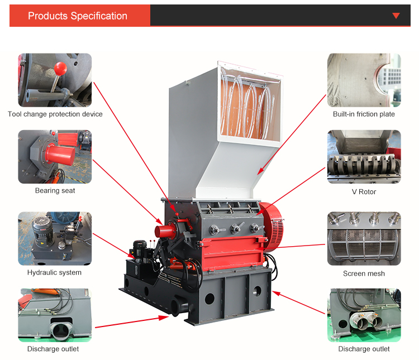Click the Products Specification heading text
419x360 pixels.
click(78, 16)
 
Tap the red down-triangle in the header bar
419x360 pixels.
click(396, 16)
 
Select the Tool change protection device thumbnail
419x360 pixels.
click(55, 80)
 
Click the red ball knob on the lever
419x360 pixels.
click(61, 68)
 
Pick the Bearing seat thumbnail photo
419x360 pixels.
click(55, 157)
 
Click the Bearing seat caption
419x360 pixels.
click(55, 191)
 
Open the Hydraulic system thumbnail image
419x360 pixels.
click(55, 238)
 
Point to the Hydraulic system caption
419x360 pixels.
click(54, 272)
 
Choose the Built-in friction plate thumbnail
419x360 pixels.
click(364, 80)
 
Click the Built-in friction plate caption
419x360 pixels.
click(364, 114)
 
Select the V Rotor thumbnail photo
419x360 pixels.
click(364, 157)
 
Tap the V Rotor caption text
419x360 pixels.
click(364, 192)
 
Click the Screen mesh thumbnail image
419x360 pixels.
click(364, 238)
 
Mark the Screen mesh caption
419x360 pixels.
click(364, 273)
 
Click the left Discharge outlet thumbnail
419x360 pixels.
click(55, 315)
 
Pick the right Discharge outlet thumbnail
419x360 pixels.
click(364, 315)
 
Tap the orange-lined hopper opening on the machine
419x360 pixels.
click(246, 106)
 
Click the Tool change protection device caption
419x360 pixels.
click(55, 114)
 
